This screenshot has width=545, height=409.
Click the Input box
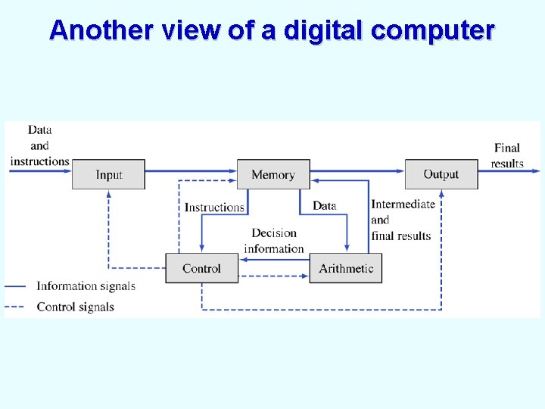tap(108, 174)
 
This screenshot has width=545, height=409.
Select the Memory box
tap(273, 174)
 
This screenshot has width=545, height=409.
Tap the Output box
tap(441, 174)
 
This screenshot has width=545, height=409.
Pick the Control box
tap(201, 268)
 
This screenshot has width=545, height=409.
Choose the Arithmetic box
tap(346, 268)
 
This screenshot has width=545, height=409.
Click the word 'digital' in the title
tap(325, 30)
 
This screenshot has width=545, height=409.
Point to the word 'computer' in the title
tap(433, 30)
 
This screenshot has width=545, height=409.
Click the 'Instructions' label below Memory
tap(214, 207)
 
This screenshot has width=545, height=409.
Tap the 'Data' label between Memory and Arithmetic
tap(324, 205)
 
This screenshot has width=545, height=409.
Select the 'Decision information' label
tap(274, 241)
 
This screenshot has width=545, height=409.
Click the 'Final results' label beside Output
tap(507, 156)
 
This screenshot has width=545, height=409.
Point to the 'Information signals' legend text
tap(86, 286)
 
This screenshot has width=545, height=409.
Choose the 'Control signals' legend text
tap(75, 307)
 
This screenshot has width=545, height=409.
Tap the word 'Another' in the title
tap(101, 30)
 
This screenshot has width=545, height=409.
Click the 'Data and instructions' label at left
tap(39, 145)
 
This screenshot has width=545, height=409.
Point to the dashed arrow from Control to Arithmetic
tap(274, 276)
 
